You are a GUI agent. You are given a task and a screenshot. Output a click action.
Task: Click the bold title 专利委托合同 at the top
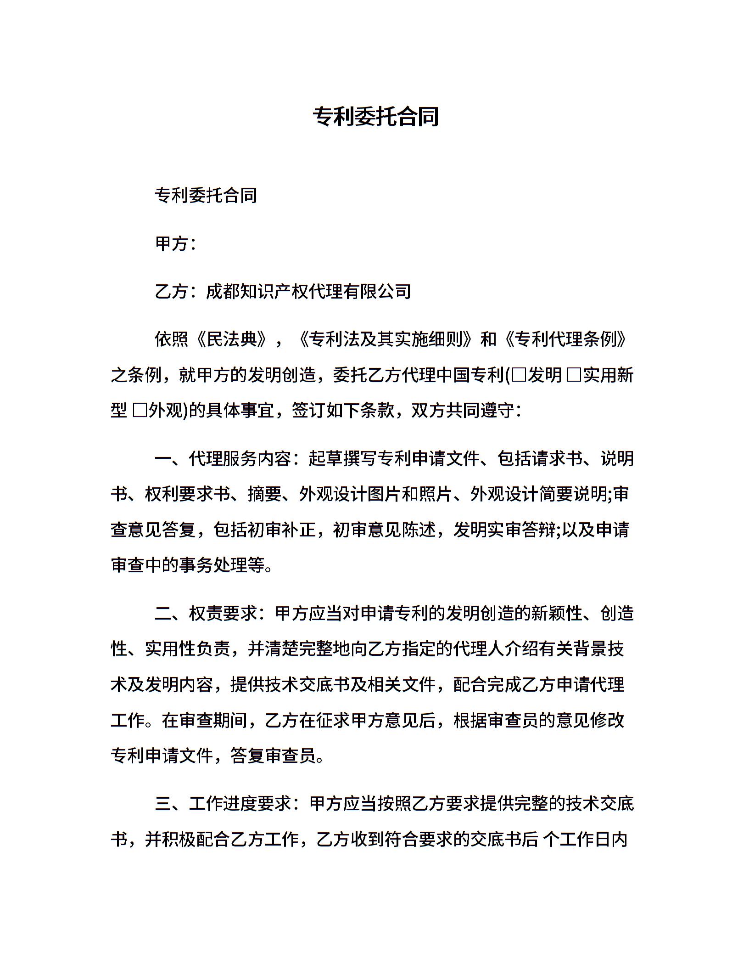click(x=375, y=117)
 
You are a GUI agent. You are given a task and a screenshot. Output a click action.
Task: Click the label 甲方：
click(x=176, y=243)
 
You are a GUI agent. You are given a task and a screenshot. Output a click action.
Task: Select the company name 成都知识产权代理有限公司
click(x=308, y=291)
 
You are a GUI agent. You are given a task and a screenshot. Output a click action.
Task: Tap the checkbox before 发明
click(x=519, y=376)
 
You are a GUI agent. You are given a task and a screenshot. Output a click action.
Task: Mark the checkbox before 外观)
click(x=140, y=411)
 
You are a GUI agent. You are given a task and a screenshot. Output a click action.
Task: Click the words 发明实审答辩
click(x=504, y=530)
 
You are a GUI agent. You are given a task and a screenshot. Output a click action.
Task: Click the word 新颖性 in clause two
click(x=557, y=613)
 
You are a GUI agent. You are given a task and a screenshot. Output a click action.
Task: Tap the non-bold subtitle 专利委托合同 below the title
click(x=206, y=196)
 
